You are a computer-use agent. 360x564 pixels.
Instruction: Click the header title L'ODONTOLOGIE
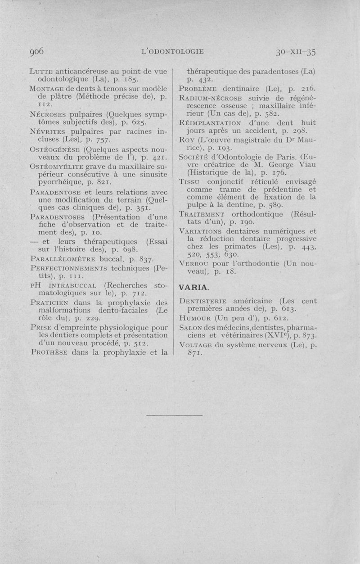coord(173,51)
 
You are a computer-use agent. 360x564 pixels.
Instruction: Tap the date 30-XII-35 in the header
coord(295,52)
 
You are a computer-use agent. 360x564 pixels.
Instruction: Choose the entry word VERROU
coord(194,263)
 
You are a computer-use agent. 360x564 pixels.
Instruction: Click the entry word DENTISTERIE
coord(205,301)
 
